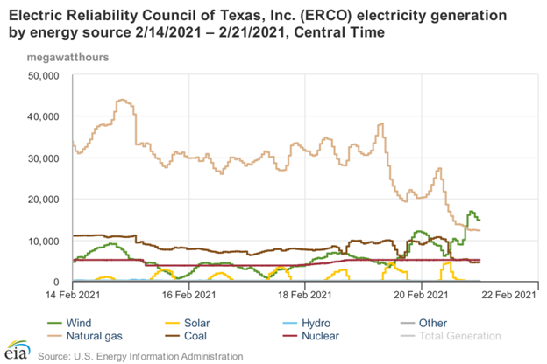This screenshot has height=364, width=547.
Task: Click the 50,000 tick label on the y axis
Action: (40, 75)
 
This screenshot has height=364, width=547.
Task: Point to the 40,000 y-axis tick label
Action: (40, 116)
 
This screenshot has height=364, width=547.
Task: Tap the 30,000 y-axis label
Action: (40, 157)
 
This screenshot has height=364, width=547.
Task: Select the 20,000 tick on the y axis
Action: (40, 199)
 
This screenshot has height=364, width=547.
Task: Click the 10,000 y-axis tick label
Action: (40, 241)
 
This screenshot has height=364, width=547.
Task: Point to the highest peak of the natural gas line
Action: (121, 100)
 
